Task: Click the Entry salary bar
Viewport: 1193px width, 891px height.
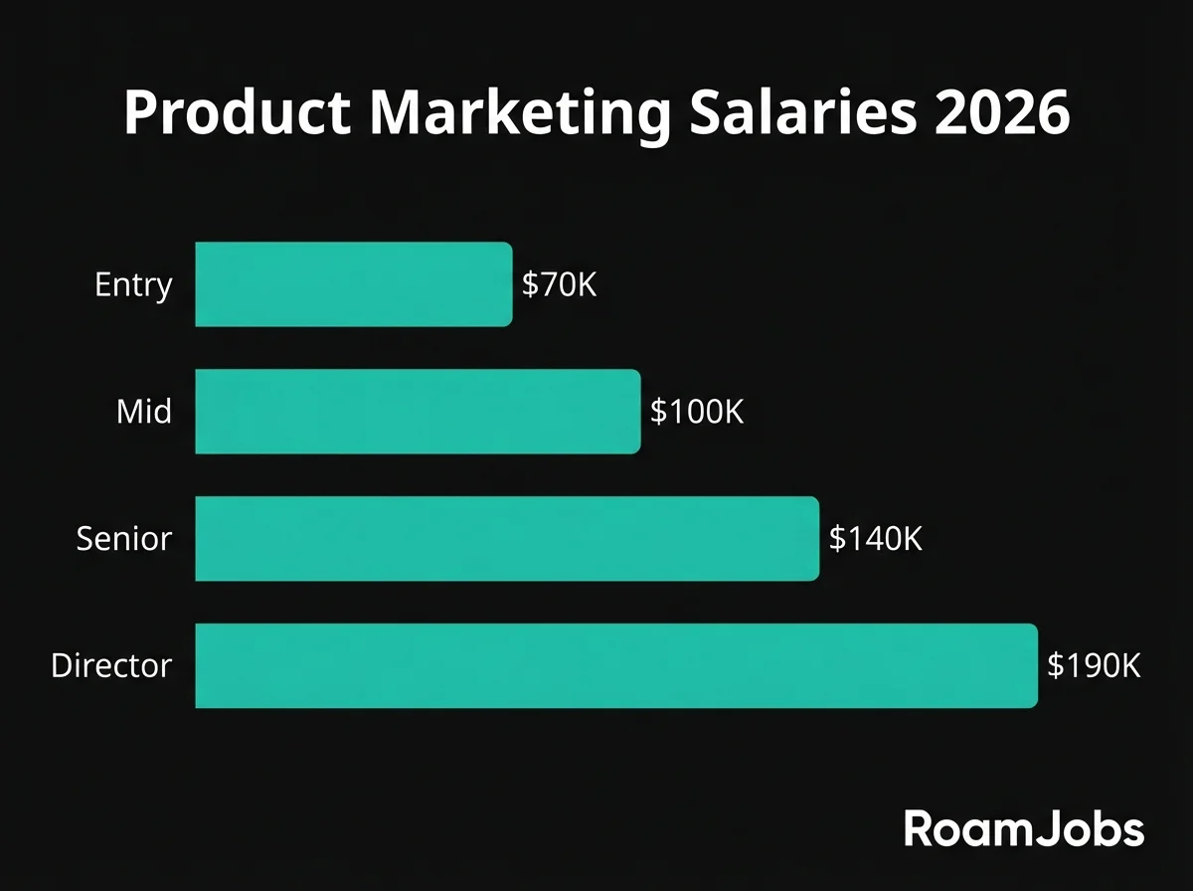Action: pyautogui.click(x=354, y=284)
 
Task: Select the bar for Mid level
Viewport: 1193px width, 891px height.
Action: pyautogui.click(x=418, y=412)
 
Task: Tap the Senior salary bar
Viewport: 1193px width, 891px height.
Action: pyautogui.click(x=507, y=538)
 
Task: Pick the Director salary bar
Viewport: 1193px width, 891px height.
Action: pyautogui.click(x=616, y=665)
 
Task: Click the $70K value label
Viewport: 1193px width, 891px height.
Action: pyautogui.click(x=559, y=285)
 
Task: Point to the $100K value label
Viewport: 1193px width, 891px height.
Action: pyautogui.click(x=697, y=412)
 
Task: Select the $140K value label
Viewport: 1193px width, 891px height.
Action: pyautogui.click(x=876, y=539)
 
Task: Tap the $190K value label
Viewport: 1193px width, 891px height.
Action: pyautogui.click(x=1094, y=665)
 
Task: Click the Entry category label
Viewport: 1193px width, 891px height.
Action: pyautogui.click(x=133, y=286)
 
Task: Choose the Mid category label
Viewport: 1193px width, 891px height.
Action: pyautogui.click(x=144, y=412)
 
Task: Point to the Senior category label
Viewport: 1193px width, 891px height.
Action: pyautogui.click(x=124, y=539)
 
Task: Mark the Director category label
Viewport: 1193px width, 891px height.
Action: pyautogui.click(x=111, y=665)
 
